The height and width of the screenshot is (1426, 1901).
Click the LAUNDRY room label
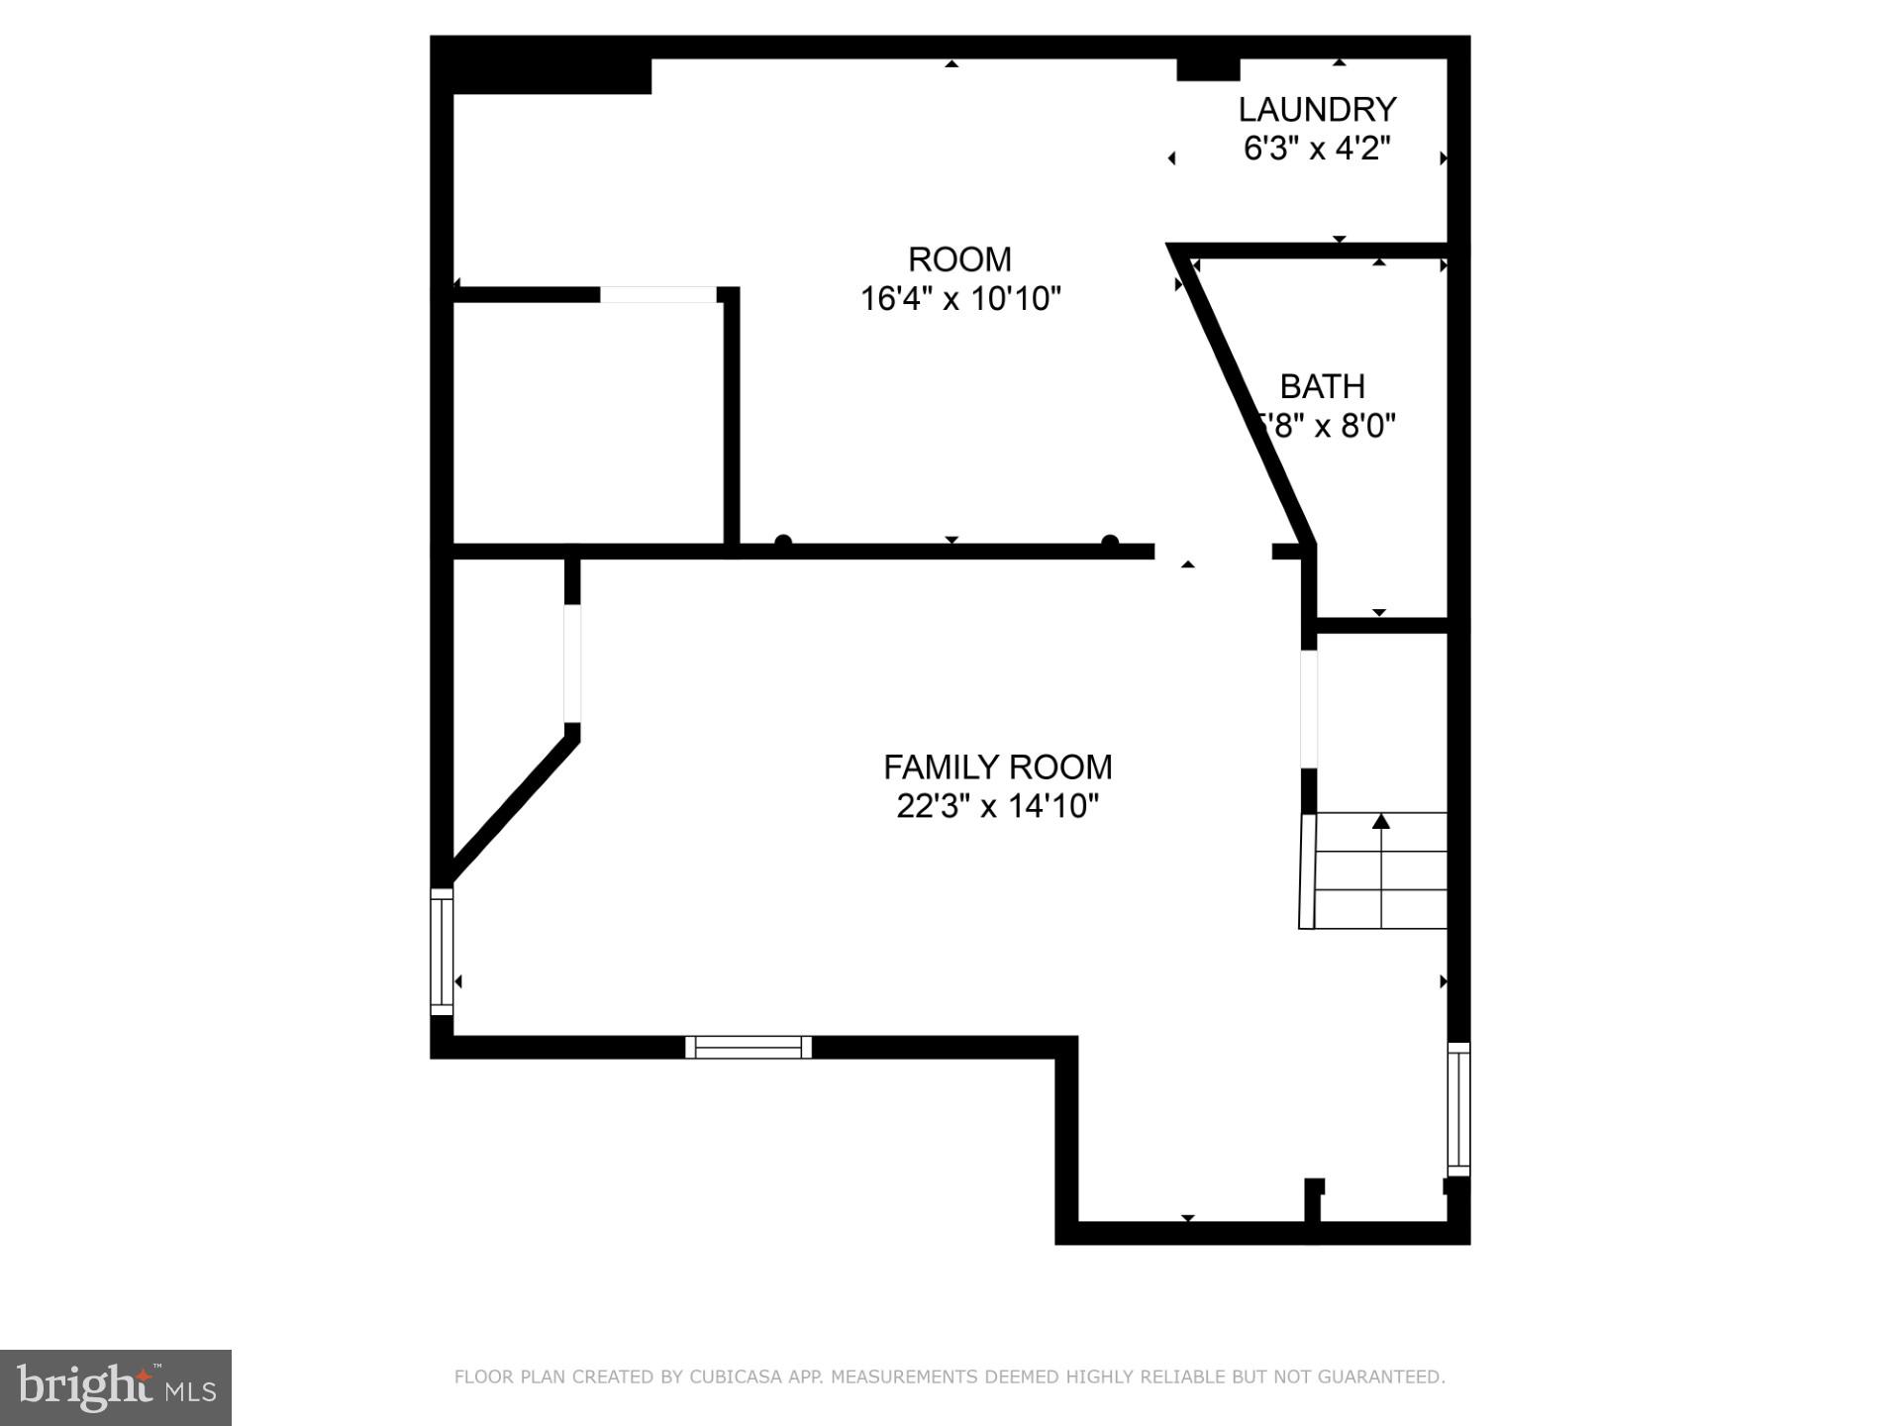coord(1317,109)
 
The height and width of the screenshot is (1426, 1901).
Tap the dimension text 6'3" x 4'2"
coord(1317,149)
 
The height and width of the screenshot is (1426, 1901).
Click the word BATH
coord(1322,386)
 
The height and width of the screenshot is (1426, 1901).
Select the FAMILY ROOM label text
coord(997,767)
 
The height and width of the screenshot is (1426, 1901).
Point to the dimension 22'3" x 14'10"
coord(997,806)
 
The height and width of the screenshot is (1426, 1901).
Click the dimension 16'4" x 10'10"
coord(960,298)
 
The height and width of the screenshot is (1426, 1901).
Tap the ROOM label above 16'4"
coord(959,259)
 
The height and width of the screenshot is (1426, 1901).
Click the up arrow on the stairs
coord(1381,821)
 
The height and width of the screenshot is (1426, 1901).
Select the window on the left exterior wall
coord(442,952)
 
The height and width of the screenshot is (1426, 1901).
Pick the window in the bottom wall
coord(749,1047)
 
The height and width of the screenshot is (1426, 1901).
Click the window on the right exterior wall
coord(1458,1109)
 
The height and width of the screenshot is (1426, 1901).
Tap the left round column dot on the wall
coord(783,542)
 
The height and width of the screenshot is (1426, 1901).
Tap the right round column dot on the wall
coord(1110,542)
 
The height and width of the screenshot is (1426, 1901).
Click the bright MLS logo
coord(116,1387)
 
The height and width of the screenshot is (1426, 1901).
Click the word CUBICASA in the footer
coord(735,1376)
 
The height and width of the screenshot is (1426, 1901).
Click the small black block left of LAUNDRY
coord(1208,69)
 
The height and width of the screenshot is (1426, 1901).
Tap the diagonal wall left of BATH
coord(1243,396)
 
